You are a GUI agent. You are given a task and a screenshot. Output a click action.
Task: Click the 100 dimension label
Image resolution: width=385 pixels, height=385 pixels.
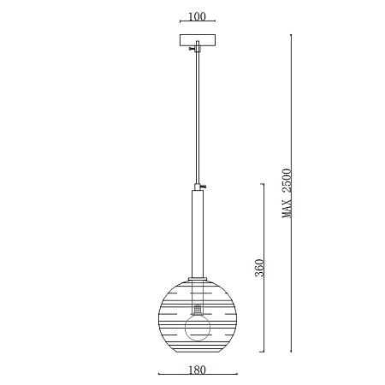tap(197, 16)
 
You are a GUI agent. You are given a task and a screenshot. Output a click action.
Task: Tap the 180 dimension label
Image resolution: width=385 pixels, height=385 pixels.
tap(197, 370)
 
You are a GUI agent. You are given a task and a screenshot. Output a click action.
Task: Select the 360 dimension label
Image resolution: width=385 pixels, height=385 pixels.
tap(259, 268)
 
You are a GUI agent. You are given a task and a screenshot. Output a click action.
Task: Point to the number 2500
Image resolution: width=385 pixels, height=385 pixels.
tap(287, 181)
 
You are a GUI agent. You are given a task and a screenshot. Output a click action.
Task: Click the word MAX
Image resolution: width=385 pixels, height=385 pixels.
tap(287, 208)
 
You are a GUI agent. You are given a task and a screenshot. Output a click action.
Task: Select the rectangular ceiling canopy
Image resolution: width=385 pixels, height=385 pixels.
tap(198, 40)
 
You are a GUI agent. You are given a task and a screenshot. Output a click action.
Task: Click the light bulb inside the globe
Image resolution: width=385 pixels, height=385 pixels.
tap(198, 328)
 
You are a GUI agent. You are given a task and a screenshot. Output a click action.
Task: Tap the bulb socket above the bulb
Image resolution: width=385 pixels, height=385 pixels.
tap(198, 309)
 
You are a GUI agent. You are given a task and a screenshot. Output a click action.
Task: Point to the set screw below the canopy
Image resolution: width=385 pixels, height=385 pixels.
tap(192, 49)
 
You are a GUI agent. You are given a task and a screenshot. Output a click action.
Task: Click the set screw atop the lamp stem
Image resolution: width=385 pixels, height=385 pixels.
tap(204, 187)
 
